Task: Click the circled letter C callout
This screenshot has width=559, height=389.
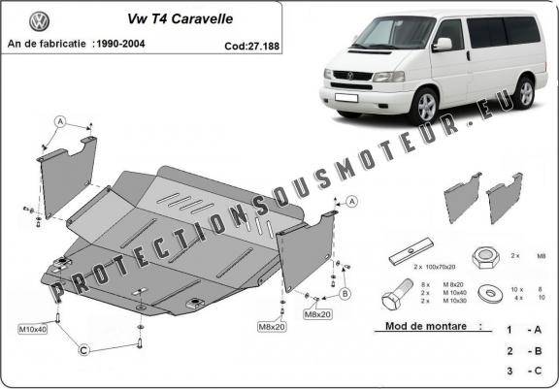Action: pyautogui.click(x=85, y=350)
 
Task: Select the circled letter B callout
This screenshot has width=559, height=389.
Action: pyautogui.click(x=345, y=292)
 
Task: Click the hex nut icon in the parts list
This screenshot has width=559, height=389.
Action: pyautogui.click(x=485, y=257)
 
